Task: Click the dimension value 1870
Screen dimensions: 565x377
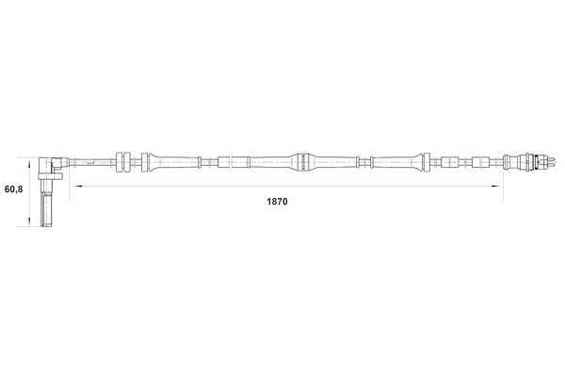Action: coord(277,202)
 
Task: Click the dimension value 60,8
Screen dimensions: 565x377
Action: coord(14,189)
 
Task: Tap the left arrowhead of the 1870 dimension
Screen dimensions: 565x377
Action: coord(78,187)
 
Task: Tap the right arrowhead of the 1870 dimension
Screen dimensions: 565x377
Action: coord(496,187)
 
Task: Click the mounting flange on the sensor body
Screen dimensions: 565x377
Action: coord(51,176)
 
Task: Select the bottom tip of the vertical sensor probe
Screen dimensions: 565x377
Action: coord(46,226)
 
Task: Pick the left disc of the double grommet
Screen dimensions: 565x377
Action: coord(120,162)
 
